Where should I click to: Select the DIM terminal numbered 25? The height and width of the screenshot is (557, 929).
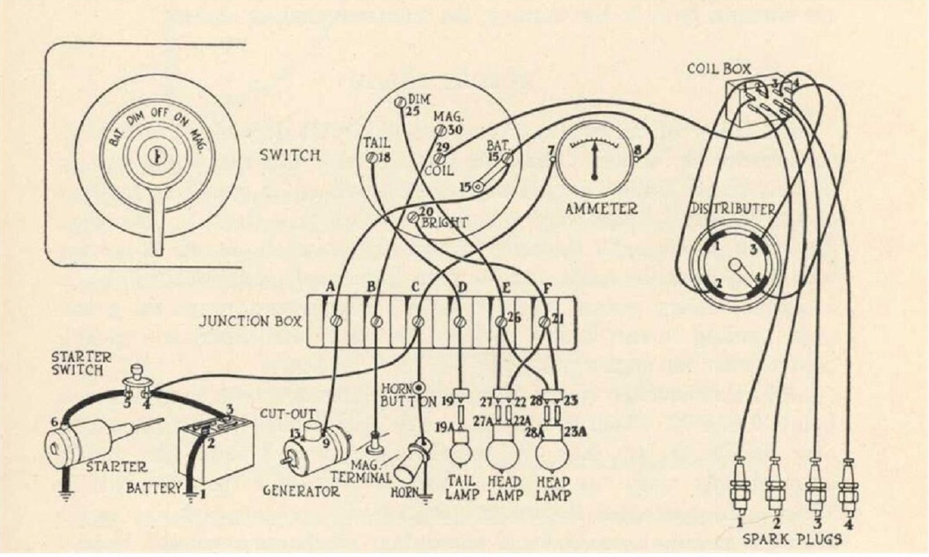coord(399,103)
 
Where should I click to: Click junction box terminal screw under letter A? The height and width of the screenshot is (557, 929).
coord(335,321)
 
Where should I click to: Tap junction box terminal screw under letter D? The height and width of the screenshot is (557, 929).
coord(460,321)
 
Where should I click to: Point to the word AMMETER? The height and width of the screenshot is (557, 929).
coord(601,208)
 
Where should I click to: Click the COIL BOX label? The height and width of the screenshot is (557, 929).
coord(719,68)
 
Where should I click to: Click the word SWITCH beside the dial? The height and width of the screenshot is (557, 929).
coord(289,155)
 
